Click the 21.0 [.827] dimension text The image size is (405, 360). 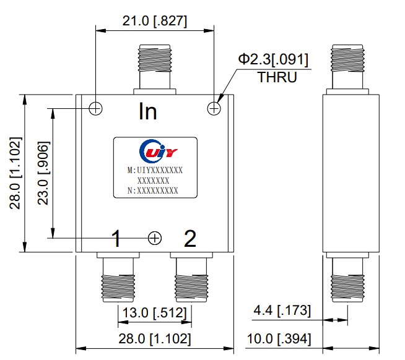[154, 21]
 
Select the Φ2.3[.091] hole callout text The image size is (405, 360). [273, 59]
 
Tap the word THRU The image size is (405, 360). [277, 77]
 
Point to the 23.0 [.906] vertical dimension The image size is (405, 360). [43, 173]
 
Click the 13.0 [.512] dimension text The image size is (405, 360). [154, 313]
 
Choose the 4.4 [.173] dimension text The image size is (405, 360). [282, 310]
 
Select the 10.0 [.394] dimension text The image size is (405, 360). [279, 338]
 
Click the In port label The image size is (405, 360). [148, 111]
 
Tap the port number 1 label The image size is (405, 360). [116, 238]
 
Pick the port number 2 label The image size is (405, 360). [190, 238]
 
